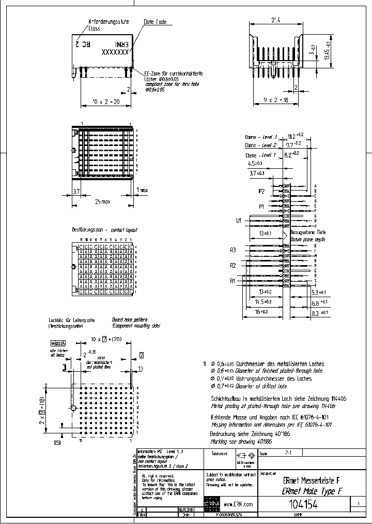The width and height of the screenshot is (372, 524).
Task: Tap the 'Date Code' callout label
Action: tap(154, 23)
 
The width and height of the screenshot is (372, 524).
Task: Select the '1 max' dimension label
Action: tap(143, 190)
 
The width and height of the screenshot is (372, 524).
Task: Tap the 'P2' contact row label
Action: tap(262, 191)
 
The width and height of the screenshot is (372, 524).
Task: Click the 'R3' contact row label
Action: tap(234, 250)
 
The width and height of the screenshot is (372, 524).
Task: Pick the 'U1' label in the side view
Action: tap(239, 221)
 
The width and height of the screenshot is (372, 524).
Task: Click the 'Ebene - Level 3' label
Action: tap(261, 137)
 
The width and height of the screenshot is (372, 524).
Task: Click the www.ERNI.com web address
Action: tap(239, 504)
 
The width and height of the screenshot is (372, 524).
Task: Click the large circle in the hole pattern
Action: tap(73, 408)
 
